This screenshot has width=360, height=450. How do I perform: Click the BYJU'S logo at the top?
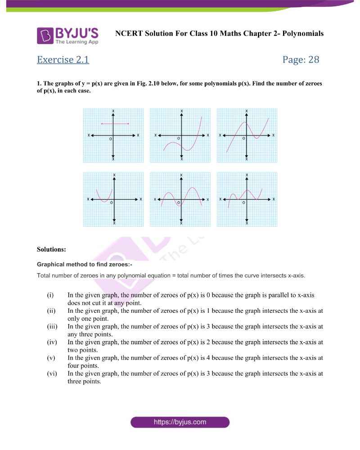[67, 36]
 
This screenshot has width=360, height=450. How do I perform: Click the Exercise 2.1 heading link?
[63, 59]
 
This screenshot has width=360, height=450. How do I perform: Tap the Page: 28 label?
[301, 59]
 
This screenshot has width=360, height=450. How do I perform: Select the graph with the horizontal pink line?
[113, 135]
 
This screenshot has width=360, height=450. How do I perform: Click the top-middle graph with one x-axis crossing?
[180, 135]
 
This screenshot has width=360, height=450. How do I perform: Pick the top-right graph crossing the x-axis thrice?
[247, 135]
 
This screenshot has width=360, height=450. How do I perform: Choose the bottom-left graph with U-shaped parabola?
[113, 199]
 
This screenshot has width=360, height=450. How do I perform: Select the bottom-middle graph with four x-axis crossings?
[180, 199]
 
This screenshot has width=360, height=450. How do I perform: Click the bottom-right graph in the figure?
[247, 199]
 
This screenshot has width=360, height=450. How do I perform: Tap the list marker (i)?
[50, 295]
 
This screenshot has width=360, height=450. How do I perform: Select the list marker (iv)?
[51, 342]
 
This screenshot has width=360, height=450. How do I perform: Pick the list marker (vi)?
[51, 373]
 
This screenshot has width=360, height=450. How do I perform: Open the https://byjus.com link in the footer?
[180, 422]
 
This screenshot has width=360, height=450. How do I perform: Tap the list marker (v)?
[50, 358]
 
